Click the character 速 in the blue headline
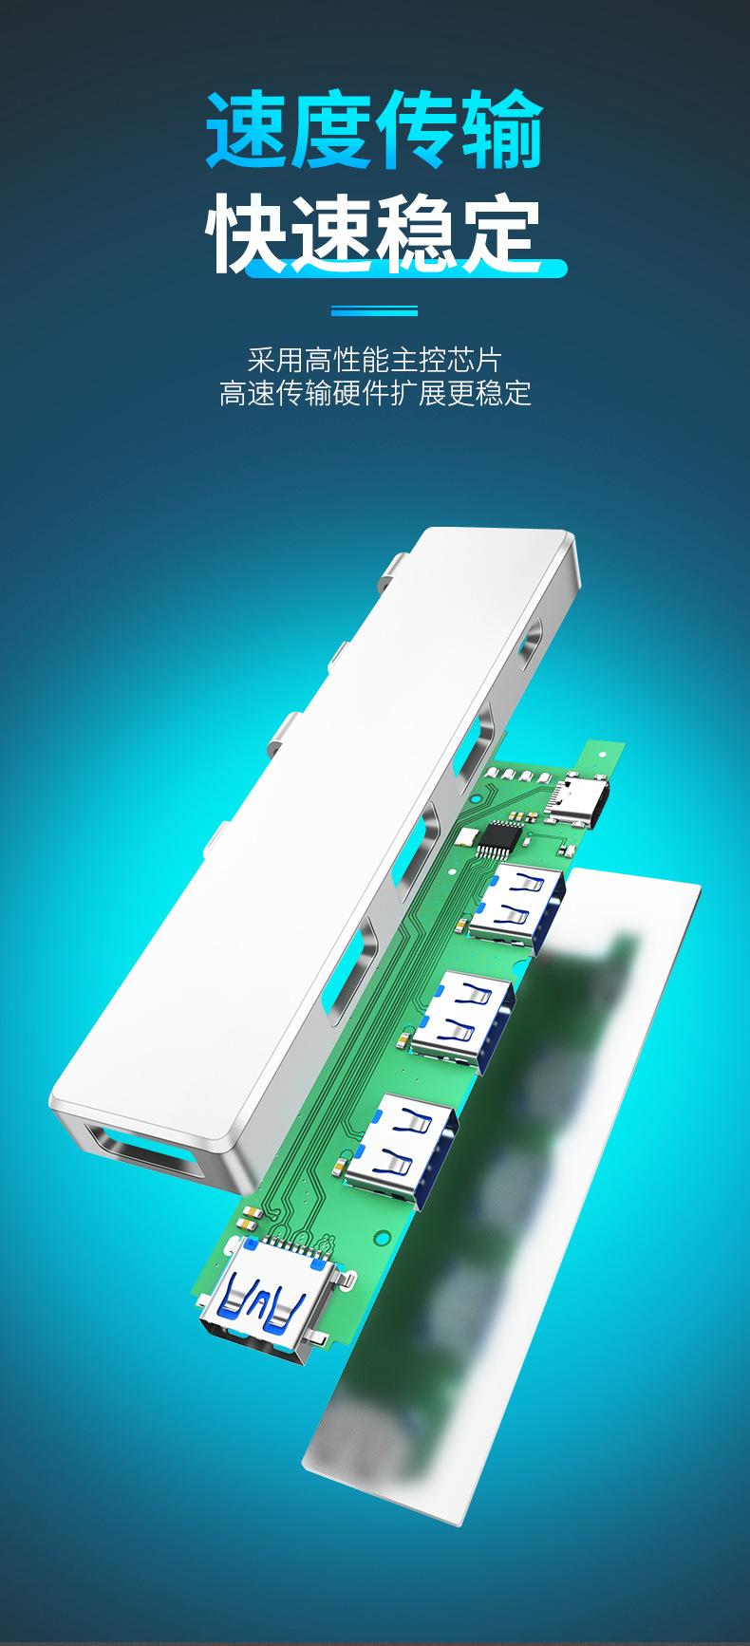pyautogui.click(x=249, y=130)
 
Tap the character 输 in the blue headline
pyautogui.click(x=501, y=130)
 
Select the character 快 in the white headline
pyautogui.click(x=249, y=232)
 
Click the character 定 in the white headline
pyautogui.click(x=501, y=232)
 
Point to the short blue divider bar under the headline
pyautogui.click(x=374, y=310)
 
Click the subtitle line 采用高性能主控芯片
pyautogui.click(x=374, y=360)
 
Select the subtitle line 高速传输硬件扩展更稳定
pyautogui.click(x=374, y=393)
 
